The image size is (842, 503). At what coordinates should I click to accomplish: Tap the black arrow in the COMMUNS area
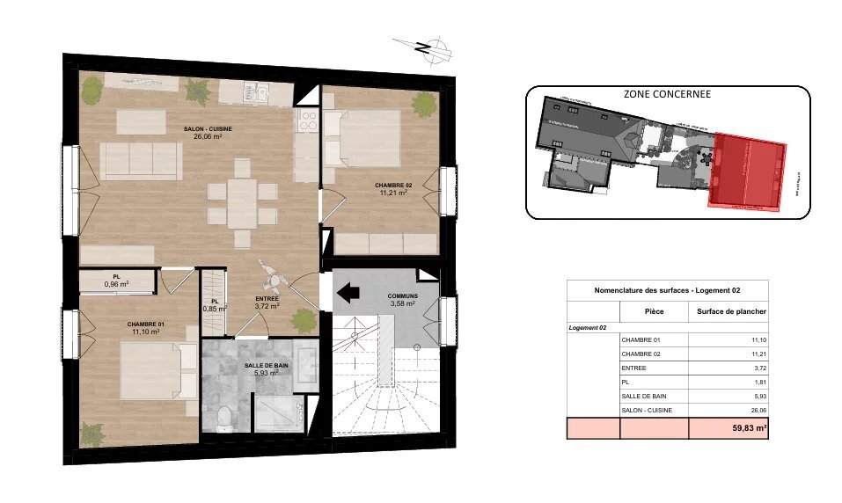(x=349, y=292)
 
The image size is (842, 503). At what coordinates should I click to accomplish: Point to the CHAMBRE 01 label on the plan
(x=145, y=328)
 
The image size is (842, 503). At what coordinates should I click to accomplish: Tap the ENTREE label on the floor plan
(x=267, y=303)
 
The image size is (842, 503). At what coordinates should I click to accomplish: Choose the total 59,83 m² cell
(x=730, y=428)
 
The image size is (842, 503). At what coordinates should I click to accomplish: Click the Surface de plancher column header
(x=730, y=311)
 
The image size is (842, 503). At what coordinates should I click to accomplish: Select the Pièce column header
(x=654, y=311)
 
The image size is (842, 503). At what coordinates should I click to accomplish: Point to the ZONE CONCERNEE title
(x=667, y=94)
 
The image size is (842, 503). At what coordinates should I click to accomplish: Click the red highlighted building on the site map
(x=748, y=172)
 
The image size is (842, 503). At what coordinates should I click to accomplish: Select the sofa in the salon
(x=141, y=160)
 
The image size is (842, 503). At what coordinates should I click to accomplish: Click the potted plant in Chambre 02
(x=425, y=104)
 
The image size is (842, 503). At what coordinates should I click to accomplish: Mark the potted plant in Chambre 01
(x=92, y=433)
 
